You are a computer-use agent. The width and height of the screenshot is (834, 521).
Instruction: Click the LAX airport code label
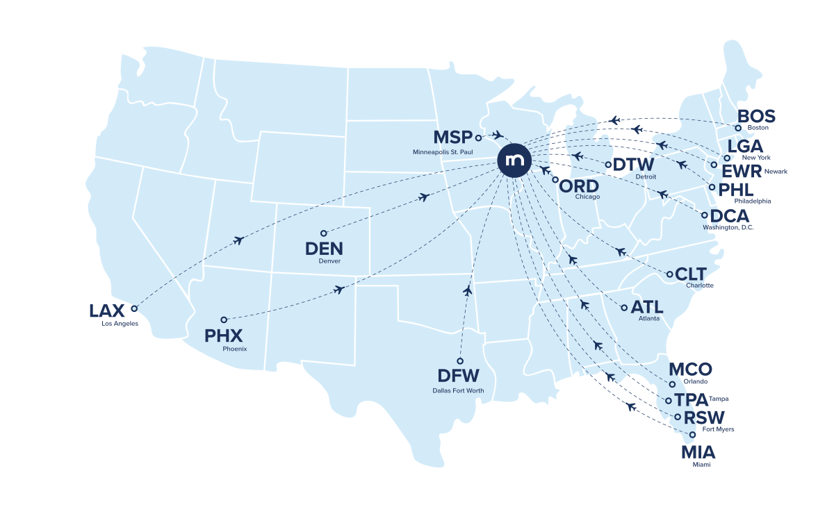pyautogui.click(x=106, y=311)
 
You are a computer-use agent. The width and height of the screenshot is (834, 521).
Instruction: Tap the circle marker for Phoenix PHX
pyautogui.click(x=224, y=320)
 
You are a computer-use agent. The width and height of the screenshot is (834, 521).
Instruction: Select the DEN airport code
pyautogui.click(x=324, y=249)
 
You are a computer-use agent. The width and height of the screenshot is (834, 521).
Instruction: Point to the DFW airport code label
pyautogui.click(x=458, y=377)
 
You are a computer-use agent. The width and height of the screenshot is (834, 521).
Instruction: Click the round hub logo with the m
pyautogui.click(x=514, y=160)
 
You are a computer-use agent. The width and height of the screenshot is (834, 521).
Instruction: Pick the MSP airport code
pyautogui.click(x=452, y=138)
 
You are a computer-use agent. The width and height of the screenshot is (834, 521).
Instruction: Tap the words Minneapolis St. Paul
pyautogui.click(x=443, y=152)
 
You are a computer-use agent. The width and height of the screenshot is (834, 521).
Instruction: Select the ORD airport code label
pyautogui.click(x=579, y=186)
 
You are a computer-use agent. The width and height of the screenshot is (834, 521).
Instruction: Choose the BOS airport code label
pyautogui.click(x=756, y=116)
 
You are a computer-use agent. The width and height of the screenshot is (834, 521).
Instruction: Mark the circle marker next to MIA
pyautogui.click(x=692, y=435)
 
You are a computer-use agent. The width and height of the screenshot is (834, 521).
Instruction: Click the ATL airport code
pyautogui.click(x=646, y=307)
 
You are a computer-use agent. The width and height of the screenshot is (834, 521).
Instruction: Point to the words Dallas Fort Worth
pyautogui.click(x=458, y=391)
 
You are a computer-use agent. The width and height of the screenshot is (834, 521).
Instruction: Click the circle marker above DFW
pyautogui.click(x=460, y=361)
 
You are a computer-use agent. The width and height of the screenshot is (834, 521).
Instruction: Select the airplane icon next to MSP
pyautogui.click(x=497, y=135)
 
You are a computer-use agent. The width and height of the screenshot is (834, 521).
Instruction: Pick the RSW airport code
pyautogui.click(x=703, y=418)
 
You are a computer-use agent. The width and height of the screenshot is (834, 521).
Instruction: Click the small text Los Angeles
pyautogui.click(x=116, y=324)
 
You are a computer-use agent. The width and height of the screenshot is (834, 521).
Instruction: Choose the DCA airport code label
pyautogui.click(x=730, y=216)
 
